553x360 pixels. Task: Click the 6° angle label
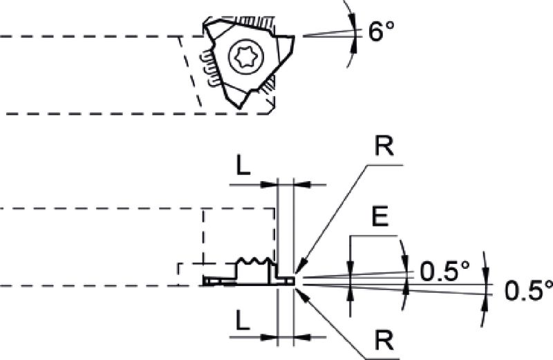[381, 31]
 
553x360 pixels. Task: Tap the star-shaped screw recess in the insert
[246, 57]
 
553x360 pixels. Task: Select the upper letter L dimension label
[243, 165]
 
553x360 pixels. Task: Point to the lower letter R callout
[384, 340]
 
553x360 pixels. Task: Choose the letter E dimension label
[380, 216]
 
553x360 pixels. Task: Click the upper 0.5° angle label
[445, 271]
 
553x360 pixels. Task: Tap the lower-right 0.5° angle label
[529, 290]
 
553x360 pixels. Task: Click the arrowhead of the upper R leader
[301, 267]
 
